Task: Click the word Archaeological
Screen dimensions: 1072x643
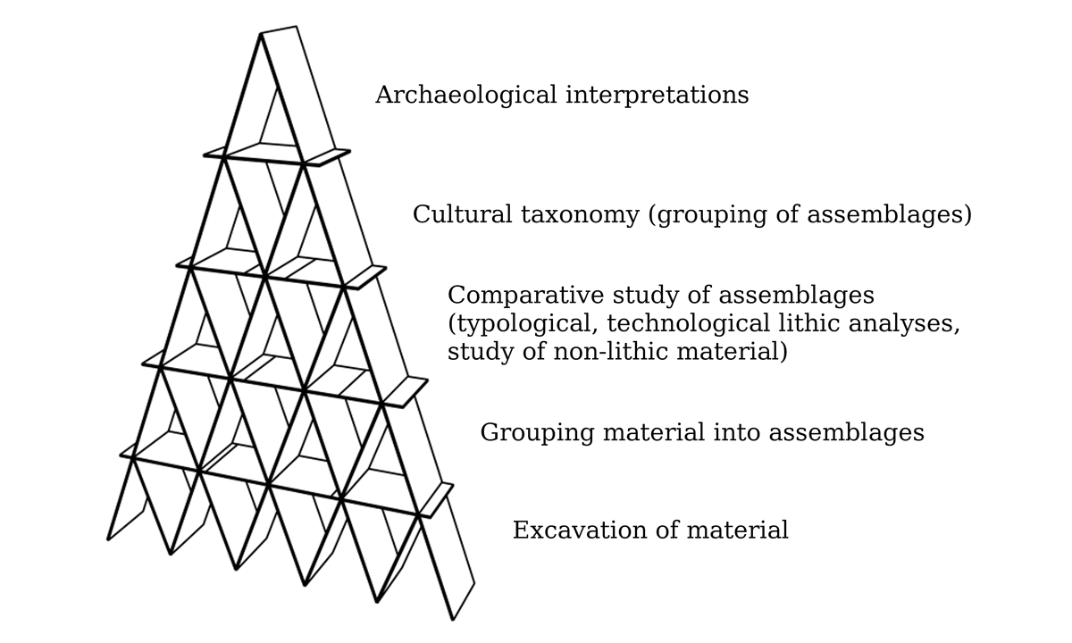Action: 466,96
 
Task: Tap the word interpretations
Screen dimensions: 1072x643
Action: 657,96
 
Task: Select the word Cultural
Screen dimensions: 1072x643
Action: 463,213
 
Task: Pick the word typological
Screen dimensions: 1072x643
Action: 523,324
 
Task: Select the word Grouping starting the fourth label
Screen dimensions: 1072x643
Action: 538,433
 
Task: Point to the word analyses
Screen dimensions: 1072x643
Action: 904,324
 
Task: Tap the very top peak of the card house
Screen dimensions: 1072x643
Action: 261,34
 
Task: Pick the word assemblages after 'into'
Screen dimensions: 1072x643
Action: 847,433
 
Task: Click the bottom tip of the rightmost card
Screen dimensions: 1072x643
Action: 453,621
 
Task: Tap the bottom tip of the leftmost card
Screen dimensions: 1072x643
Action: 108,540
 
